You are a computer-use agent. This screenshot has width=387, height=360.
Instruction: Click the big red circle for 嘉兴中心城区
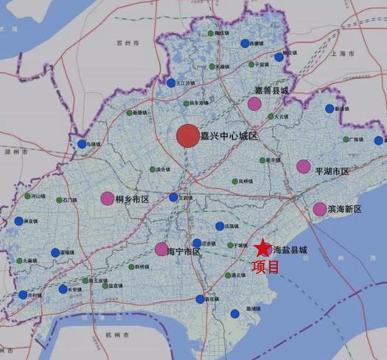point(188,136)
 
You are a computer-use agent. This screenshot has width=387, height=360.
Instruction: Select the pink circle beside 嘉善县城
point(254,104)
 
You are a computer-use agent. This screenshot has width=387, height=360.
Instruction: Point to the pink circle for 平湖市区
point(304,166)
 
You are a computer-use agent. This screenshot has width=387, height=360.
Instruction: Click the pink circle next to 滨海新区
point(319,209)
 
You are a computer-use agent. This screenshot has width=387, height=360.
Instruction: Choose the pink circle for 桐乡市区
point(108,198)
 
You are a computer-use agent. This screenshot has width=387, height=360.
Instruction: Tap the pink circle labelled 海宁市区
point(161,250)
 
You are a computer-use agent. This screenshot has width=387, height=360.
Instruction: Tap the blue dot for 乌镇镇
point(82,144)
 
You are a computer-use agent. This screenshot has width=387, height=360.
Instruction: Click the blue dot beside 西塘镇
point(245,44)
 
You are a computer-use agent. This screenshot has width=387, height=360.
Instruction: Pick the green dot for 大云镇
point(270,116)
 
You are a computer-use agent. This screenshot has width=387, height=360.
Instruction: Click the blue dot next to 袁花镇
point(200,299)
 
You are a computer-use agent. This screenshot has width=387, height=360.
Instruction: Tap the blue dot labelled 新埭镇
point(330,109)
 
